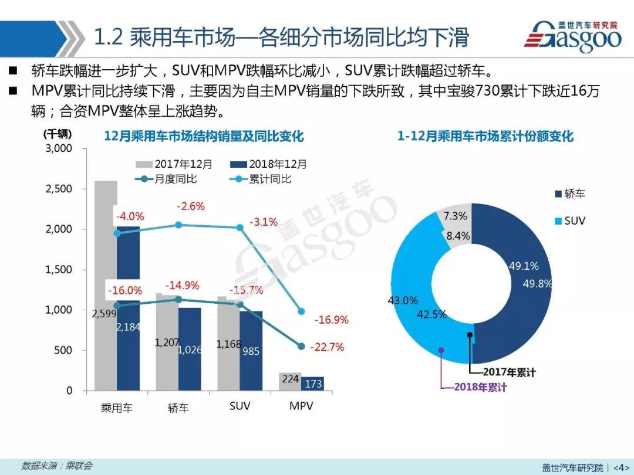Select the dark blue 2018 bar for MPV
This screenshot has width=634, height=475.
pos(312,384)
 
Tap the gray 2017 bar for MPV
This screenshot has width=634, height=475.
pos(290,382)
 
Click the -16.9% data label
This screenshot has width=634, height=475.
pos(332,320)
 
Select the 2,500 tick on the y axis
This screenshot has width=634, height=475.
pos(59,189)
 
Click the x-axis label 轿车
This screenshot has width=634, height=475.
pos(178,408)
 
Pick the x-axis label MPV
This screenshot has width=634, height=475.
pos(301,406)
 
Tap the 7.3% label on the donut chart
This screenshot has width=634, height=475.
pos(456,216)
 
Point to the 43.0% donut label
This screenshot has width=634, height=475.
pos(403,300)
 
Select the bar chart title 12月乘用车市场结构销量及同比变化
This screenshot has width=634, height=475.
pos(204,137)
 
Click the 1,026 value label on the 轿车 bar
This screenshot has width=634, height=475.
pos(189,350)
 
